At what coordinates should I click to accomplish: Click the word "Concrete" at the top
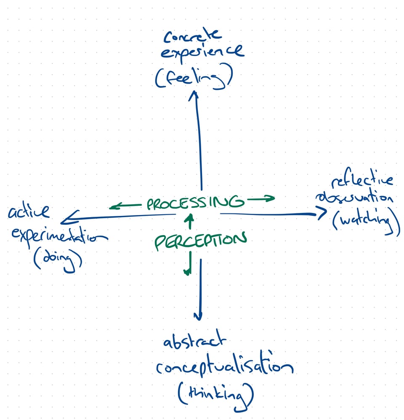(x=192, y=37)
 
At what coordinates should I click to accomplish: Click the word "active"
(x=28, y=211)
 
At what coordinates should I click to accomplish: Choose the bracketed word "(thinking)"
(x=216, y=395)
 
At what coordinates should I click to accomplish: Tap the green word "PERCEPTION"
(x=200, y=241)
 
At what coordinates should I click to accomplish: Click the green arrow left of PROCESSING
(x=125, y=206)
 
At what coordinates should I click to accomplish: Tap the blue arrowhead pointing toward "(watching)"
(x=322, y=214)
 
